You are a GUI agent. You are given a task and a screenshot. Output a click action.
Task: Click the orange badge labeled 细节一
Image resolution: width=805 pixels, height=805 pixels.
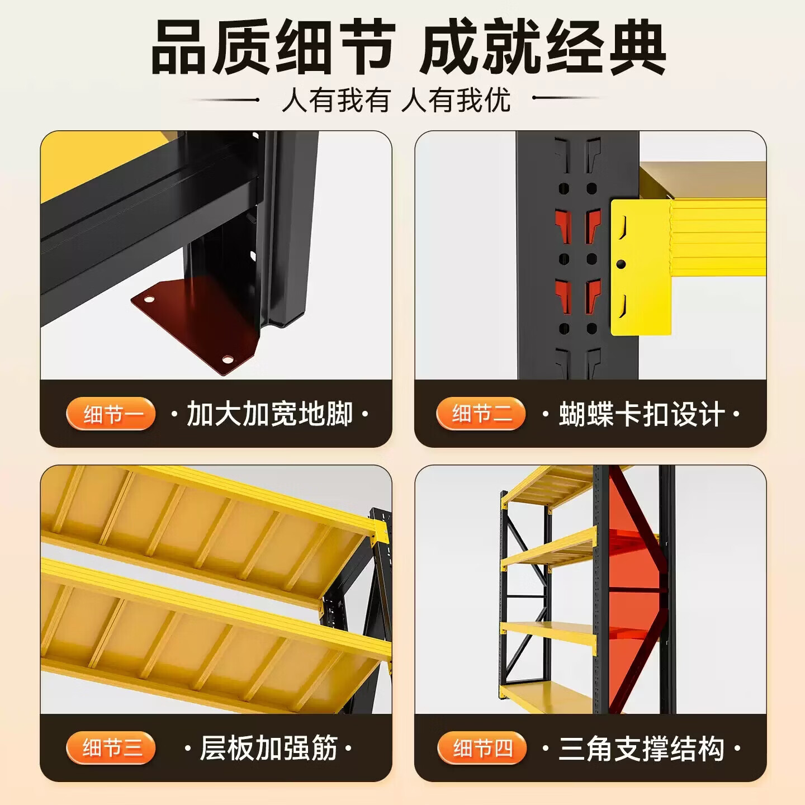[111, 414]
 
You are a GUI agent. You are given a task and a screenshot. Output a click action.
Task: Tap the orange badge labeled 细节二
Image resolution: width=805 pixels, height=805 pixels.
[481, 414]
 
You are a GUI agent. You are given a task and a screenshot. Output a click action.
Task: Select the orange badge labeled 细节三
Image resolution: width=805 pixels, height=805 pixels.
[111, 748]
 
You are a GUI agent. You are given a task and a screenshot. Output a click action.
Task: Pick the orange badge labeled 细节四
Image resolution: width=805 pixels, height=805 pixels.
[482, 748]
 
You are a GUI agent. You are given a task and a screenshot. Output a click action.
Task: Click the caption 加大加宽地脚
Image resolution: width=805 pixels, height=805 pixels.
[269, 414]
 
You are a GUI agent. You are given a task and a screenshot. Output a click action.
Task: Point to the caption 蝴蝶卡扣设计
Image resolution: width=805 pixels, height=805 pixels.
[641, 414]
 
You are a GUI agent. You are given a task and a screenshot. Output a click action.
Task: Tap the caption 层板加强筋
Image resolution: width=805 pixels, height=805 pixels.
[268, 748]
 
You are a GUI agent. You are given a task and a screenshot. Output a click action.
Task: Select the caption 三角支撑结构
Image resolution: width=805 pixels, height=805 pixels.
[641, 748]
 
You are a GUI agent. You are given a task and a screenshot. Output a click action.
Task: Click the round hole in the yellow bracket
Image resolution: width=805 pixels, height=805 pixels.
[621, 264]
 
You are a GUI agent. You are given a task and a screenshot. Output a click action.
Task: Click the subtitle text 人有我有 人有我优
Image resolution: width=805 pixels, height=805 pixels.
[396, 100]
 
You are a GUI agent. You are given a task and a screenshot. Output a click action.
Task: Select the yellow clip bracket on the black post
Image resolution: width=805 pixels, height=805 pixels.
[641, 267]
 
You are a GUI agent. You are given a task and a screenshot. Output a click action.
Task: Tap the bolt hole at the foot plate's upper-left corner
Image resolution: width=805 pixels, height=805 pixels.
[148, 299]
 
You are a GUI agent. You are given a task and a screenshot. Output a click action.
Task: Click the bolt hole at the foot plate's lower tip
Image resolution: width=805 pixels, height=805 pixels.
[228, 359]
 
